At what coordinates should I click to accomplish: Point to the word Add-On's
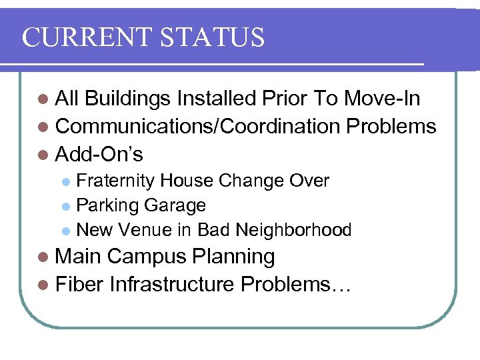pos(99,155)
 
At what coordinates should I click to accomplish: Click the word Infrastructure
pos(172,285)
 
